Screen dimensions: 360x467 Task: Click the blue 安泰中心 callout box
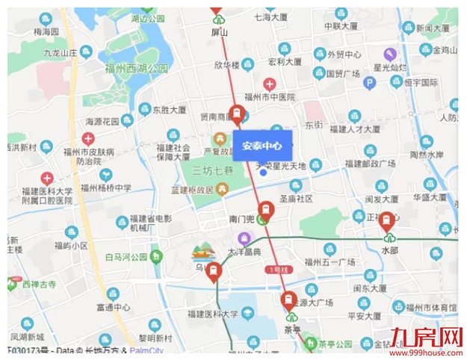(x=262, y=146)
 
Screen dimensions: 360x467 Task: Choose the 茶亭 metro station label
(x=291, y=329)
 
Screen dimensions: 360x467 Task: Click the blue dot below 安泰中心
(x=263, y=173)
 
